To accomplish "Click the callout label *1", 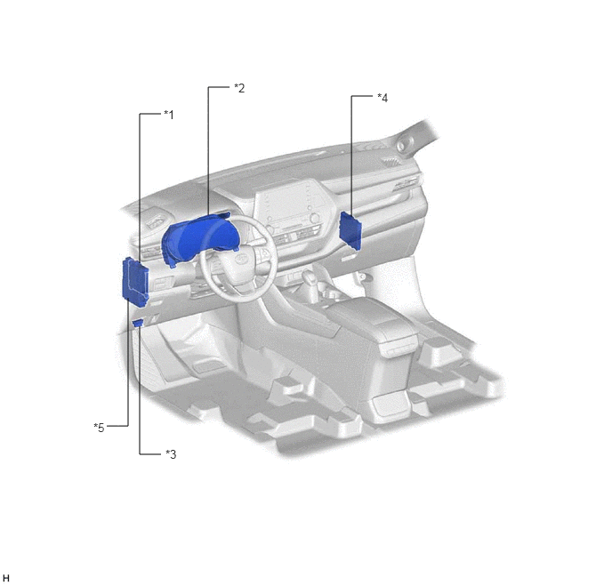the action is [169, 115].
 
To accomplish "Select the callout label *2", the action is [239, 88].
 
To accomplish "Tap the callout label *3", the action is [171, 454].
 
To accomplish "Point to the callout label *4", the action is [382, 98].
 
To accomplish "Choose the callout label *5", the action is [99, 428].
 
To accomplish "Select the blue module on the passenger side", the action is [350, 230].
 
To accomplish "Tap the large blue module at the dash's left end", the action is [135, 280].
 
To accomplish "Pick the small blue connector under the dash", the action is [138, 323].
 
